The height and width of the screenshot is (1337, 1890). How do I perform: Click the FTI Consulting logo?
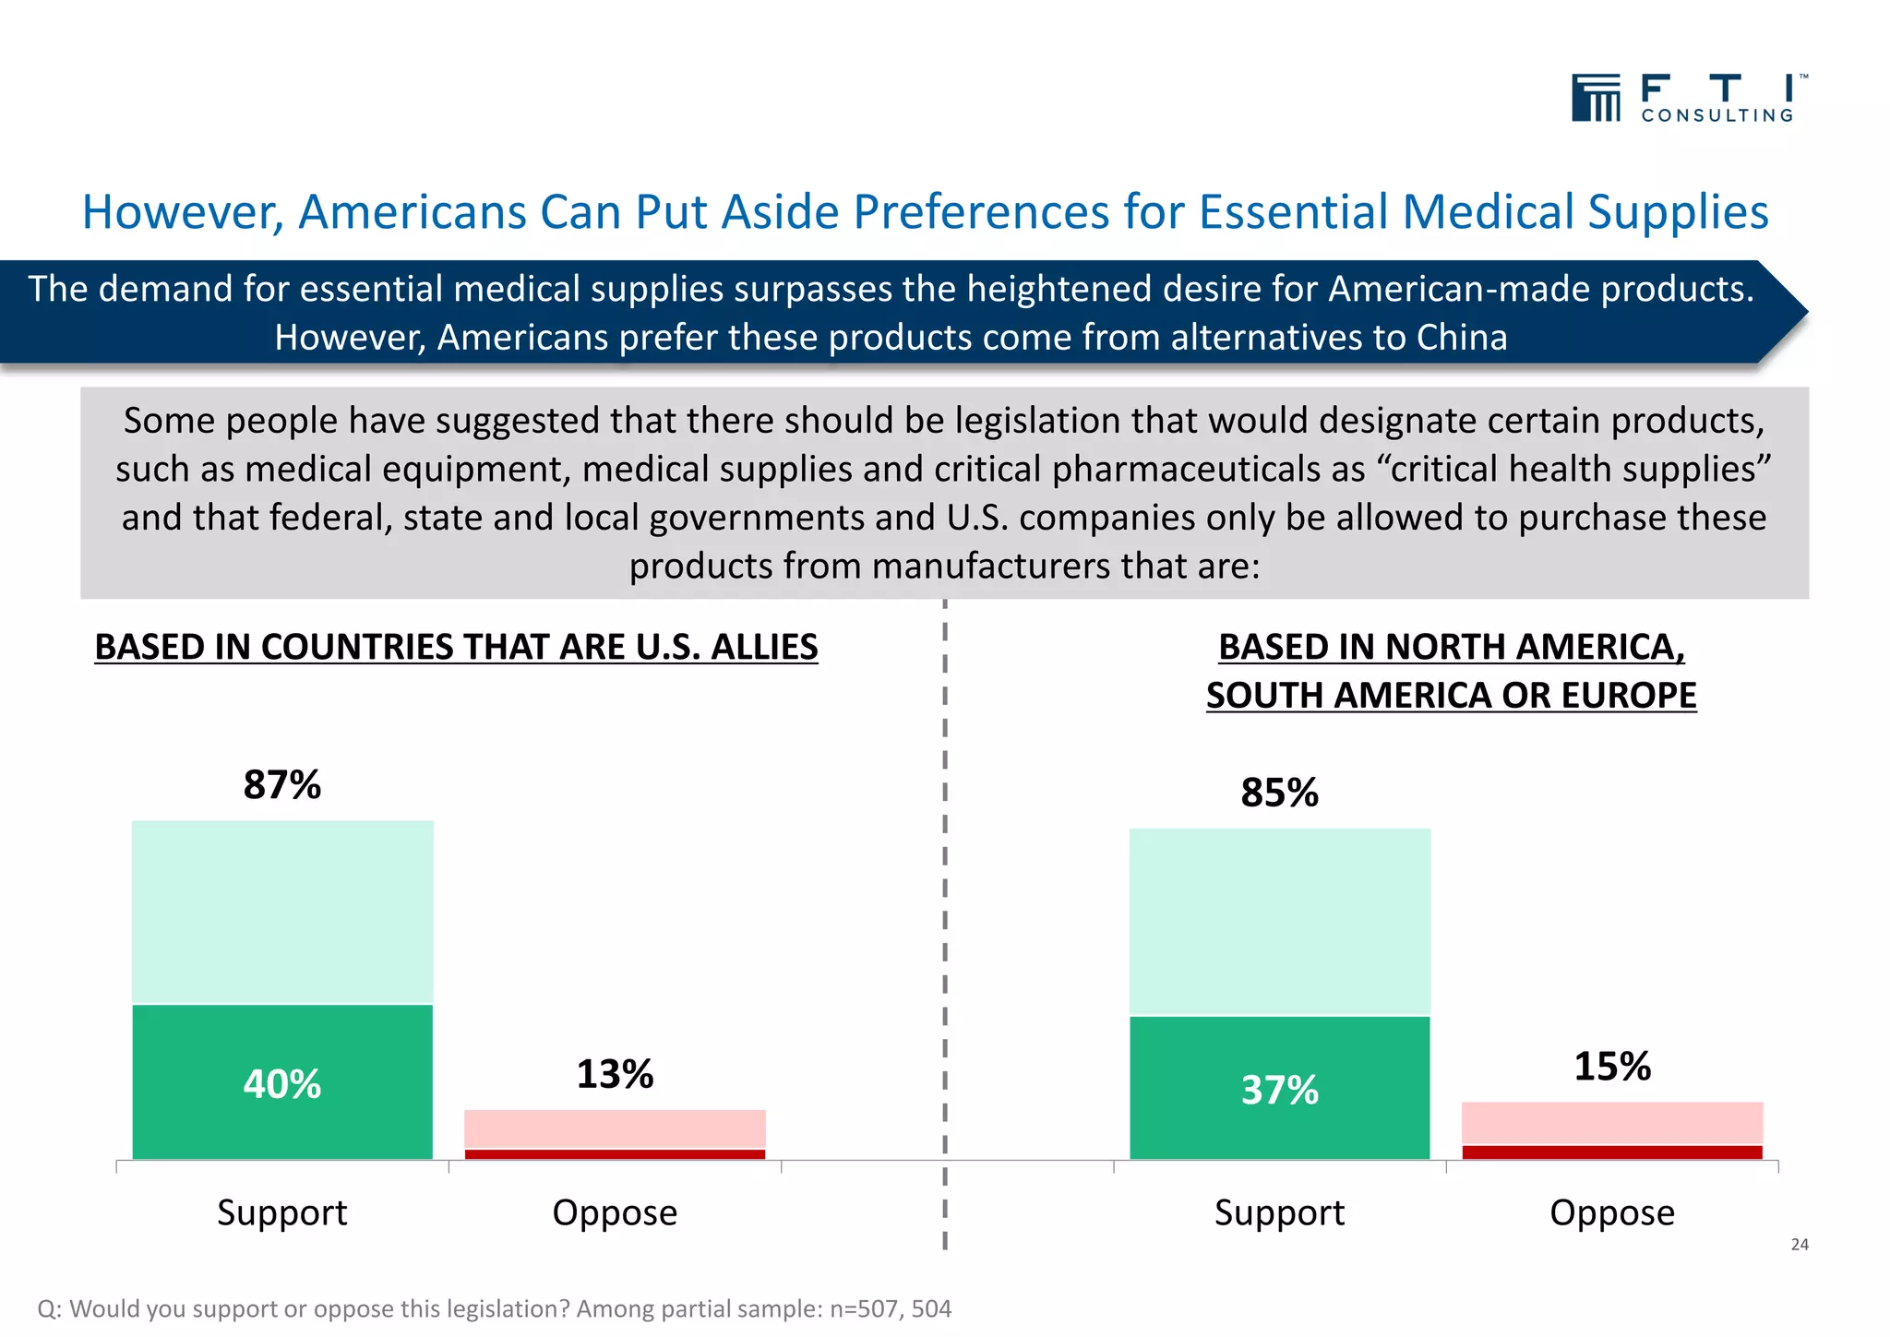tap(1688, 98)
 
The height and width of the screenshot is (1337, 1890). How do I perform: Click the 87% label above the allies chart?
tap(282, 785)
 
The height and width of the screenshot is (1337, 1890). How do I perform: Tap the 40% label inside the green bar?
tap(282, 1084)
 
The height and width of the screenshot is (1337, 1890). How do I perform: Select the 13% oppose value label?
tap(615, 1074)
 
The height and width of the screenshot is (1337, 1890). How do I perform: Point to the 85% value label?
tap(1279, 793)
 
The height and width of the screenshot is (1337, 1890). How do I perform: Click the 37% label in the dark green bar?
tap(1279, 1091)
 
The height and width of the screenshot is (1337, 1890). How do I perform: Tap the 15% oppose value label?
tap(1612, 1067)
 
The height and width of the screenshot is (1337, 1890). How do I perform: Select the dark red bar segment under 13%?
tap(615, 1154)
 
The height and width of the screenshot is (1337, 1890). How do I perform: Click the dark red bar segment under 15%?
tap(1612, 1152)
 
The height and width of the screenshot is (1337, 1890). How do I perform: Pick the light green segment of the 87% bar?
tap(282, 912)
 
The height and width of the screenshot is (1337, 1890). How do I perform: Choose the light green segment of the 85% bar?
tap(1279, 921)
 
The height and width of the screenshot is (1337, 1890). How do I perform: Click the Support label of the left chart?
tap(282, 1212)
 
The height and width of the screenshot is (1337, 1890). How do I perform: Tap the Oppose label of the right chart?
tap(1612, 1212)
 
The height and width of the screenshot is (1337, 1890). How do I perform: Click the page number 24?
tap(1800, 1245)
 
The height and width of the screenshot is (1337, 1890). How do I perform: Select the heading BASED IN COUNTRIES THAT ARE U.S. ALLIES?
tap(456, 647)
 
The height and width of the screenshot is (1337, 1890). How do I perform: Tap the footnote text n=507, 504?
tap(891, 1308)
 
